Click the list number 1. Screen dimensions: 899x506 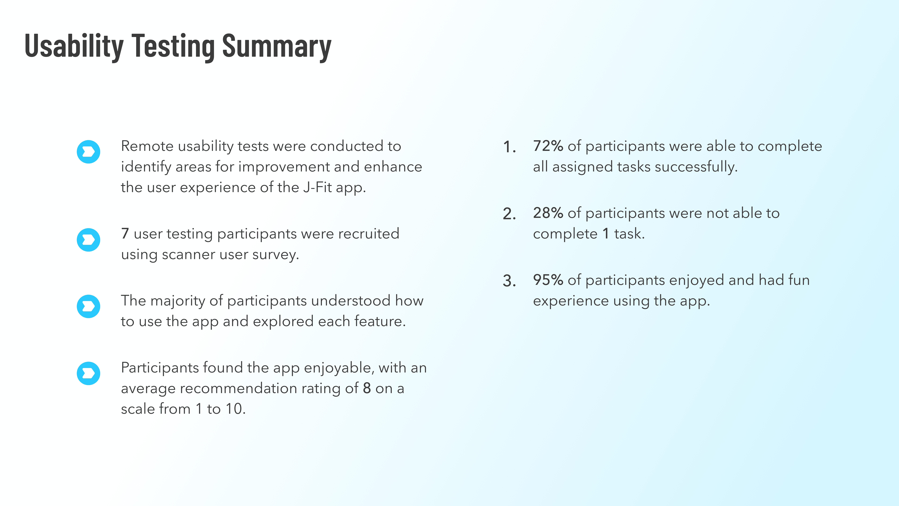point(509,147)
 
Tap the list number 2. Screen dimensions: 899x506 point(509,214)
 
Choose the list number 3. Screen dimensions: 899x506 point(509,281)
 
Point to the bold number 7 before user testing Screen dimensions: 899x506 point(125,234)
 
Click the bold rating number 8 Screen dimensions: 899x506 point(367,388)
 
